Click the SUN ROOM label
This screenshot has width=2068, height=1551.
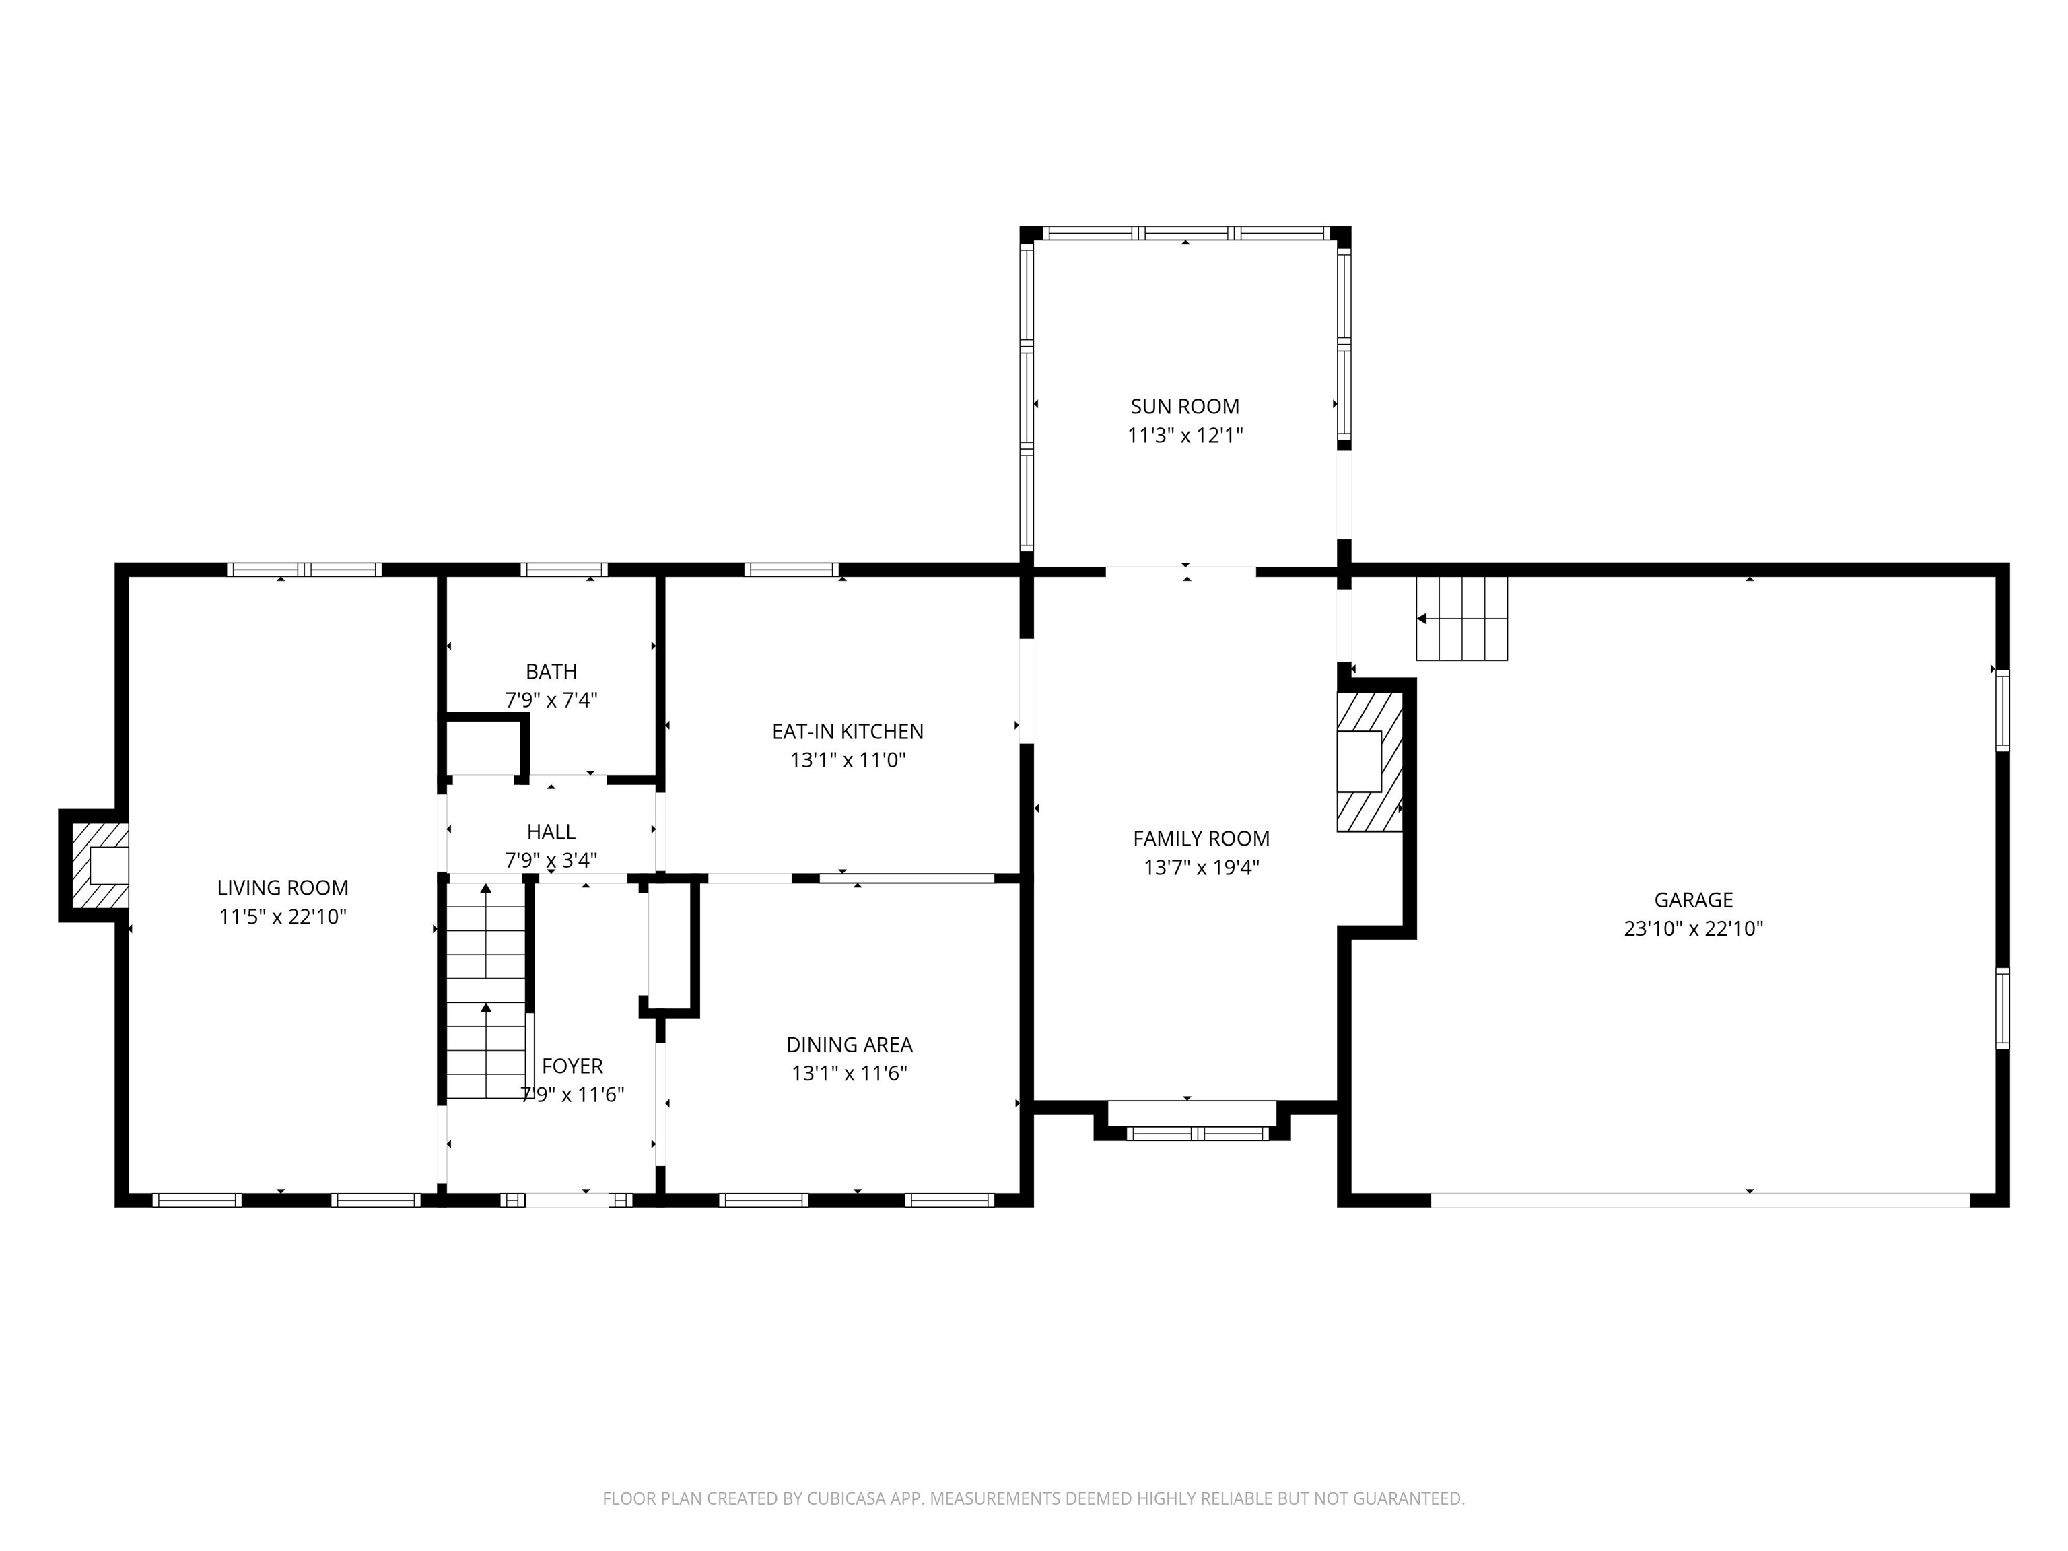click(1185, 407)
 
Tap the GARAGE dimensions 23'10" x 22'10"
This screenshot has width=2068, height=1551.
click(1693, 928)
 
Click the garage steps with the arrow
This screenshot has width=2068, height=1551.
click(1461, 619)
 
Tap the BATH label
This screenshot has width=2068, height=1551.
click(551, 671)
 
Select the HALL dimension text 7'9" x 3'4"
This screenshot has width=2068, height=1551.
click(551, 859)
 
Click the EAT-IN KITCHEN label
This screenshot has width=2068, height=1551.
click(847, 732)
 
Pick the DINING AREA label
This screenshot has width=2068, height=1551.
click(849, 1044)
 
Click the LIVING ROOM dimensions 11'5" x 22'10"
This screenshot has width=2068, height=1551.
click(282, 917)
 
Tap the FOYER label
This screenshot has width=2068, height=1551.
click(572, 1066)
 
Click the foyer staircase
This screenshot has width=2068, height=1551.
click(485, 991)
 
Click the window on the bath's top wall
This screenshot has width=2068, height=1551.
click(563, 570)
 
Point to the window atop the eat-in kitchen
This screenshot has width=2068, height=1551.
click(791, 570)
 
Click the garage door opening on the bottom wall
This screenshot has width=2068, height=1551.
click(1700, 1200)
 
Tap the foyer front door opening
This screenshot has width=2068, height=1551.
click(568, 1200)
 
